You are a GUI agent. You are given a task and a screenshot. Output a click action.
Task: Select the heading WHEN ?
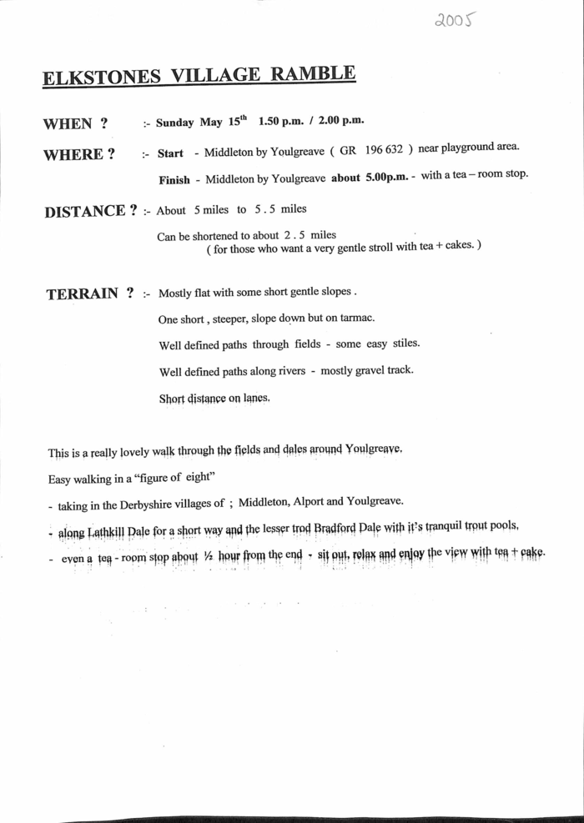76,123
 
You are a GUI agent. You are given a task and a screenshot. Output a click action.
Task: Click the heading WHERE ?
79,154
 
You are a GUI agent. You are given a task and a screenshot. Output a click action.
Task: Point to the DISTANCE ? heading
91,211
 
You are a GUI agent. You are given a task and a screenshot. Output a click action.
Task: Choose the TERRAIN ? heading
91,294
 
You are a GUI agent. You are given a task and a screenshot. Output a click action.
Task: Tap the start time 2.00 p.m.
341,122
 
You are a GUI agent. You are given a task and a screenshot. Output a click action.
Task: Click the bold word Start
170,153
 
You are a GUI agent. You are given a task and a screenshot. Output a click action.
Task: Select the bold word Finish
174,179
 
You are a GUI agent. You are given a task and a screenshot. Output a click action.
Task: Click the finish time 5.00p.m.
388,178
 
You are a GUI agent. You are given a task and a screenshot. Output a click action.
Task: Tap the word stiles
403,344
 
